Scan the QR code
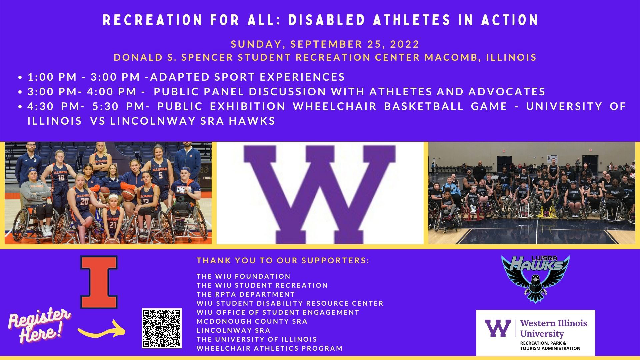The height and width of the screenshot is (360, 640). [162, 328]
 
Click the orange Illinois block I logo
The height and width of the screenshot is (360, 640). [99, 282]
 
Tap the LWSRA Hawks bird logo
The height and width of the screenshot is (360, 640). [535, 279]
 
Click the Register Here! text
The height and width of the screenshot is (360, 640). [39, 326]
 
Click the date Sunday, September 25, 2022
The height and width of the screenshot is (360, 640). [325, 44]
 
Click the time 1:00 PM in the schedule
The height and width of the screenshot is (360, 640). [52, 77]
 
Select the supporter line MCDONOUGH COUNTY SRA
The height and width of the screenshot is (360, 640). [252, 321]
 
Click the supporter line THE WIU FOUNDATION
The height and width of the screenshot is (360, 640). [244, 276]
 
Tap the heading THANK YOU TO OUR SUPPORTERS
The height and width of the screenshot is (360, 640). [283, 261]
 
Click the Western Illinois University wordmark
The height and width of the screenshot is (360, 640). [554, 328]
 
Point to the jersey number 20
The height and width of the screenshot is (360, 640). [84, 201]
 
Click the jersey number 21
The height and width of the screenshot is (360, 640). [113, 225]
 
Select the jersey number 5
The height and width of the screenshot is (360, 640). [160, 175]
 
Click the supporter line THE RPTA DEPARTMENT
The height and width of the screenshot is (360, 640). [246, 294]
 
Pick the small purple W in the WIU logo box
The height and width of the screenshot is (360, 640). [498, 328]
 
